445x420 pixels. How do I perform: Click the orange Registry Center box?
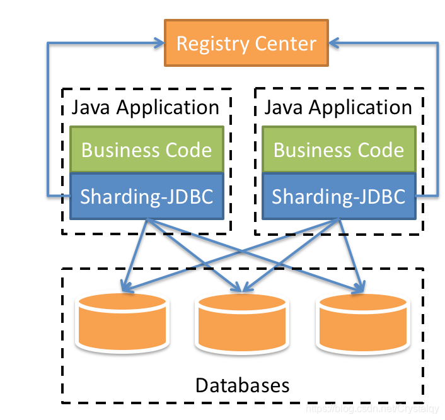pyautogui.click(x=246, y=43)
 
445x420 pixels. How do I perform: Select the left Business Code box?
pyautogui.click(x=146, y=149)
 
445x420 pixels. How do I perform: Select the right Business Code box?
pyautogui.click(x=338, y=149)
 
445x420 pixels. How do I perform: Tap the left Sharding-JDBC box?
pyautogui.click(x=146, y=196)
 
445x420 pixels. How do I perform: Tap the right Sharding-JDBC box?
pyautogui.click(x=338, y=196)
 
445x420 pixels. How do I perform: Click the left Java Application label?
pyautogui.click(x=146, y=107)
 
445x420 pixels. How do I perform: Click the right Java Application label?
pyautogui.click(x=338, y=107)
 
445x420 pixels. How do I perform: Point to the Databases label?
pyautogui.click(x=242, y=385)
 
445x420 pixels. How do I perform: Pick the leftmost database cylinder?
pyautogui.click(x=122, y=322)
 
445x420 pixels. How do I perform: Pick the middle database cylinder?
pyautogui.click(x=242, y=322)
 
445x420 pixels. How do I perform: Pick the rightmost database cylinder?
pyautogui.click(x=364, y=322)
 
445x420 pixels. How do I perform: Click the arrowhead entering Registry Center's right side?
pyautogui.click(x=335, y=43)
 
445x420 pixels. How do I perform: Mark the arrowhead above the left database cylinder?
pyautogui.click(x=127, y=288)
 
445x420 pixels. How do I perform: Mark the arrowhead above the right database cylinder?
pyautogui.click(x=359, y=288)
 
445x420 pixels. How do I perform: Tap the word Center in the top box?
pyautogui.click(x=286, y=44)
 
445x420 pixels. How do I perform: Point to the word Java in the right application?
pyautogui.click(x=280, y=107)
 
